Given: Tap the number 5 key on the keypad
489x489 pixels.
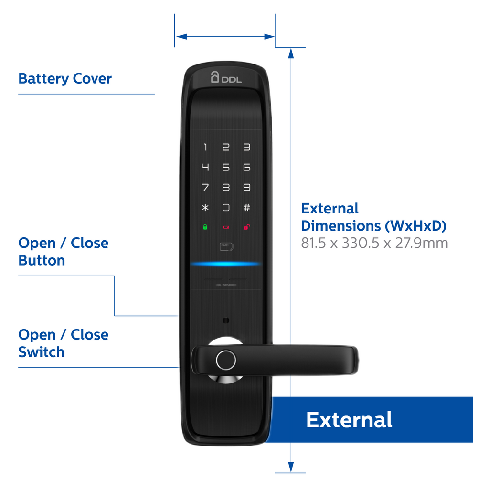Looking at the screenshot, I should coord(226,168).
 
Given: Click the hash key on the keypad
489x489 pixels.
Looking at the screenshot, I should coord(246,208).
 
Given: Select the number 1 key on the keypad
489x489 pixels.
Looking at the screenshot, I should coord(205,148).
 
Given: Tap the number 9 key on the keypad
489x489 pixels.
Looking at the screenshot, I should coord(246,188).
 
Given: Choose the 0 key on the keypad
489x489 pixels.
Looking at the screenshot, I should coord(226,208).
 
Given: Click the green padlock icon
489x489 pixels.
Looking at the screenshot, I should coord(205,227).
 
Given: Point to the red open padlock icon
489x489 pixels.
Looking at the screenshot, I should coord(246,227).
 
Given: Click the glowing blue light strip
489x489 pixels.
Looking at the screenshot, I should coord(225,264).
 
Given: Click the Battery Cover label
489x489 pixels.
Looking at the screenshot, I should coord(65,79).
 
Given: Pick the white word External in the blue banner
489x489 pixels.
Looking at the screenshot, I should coord(349,420).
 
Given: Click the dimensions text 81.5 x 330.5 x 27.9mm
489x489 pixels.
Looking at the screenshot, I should coord(374,243).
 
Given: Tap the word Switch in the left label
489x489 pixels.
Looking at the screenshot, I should coord(41,352).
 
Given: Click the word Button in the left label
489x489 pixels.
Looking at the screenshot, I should coord(42,261).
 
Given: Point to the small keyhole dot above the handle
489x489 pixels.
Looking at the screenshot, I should coord(225,319).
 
